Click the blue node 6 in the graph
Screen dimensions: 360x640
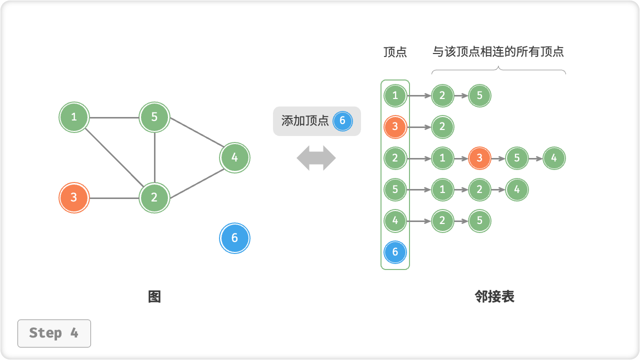(234, 238)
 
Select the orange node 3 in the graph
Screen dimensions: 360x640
(74, 197)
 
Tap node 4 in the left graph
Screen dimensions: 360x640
(234, 158)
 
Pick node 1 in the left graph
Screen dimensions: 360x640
(74, 117)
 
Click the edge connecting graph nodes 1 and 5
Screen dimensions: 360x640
(114, 118)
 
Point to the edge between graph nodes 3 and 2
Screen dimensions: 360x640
(114, 198)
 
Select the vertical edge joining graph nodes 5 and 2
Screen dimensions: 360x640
(154, 157)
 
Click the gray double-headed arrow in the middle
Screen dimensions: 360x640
(316, 158)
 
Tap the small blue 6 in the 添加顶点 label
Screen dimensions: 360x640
(342, 121)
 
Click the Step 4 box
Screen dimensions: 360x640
(54, 333)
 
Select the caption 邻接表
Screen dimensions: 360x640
(494, 297)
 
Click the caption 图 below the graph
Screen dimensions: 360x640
(154, 297)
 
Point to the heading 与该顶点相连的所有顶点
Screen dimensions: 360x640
(498, 51)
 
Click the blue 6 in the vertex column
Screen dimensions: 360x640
(395, 252)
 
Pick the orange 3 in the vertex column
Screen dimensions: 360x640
(395, 127)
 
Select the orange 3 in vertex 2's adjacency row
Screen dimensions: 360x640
(479, 158)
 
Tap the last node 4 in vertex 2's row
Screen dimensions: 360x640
(554, 158)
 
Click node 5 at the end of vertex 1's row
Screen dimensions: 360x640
(479, 95)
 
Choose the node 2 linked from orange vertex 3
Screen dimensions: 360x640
(442, 127)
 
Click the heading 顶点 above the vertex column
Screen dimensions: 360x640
(395, 52)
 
